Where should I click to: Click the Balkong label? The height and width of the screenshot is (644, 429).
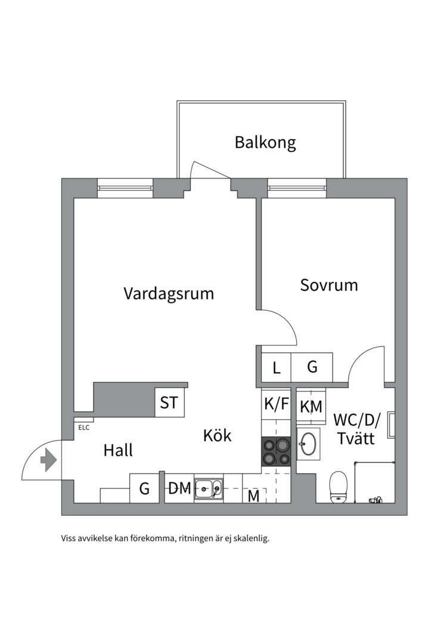coord(265,143)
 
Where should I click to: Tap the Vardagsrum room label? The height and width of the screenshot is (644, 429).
coord(169,293)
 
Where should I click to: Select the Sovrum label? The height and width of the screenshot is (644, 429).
coord(329,284)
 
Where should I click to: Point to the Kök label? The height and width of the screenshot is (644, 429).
coord(217,435)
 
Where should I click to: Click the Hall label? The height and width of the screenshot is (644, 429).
coord(118,450)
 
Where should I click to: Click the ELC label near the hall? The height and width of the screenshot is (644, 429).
coord(83,427)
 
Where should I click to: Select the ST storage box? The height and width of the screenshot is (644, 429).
coord(169,403)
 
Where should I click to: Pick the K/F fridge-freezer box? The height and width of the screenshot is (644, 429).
coord(276,404)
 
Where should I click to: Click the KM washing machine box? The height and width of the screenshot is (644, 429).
coord(311,407)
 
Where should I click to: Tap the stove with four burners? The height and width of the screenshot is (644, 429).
coord(276,451)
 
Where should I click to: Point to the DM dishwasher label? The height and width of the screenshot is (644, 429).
coord(179,489)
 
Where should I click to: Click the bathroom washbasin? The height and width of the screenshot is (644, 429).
coord(309,442)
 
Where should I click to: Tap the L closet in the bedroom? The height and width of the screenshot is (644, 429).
coord(276,367)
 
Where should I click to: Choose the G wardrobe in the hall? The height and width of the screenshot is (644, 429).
coord(144,489)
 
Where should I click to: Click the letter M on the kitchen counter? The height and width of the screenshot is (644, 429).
coord(254,496)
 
